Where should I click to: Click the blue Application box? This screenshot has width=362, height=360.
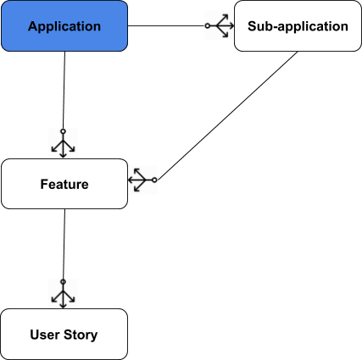click(64, 26)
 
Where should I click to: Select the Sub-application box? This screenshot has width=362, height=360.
click(298, 26)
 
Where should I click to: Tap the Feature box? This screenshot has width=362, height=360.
click(64, 184)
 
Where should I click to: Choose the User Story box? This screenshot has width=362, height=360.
click(64, 334)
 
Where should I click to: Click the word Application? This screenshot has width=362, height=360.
click(64, 26)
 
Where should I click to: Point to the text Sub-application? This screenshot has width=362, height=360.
click(298, 26)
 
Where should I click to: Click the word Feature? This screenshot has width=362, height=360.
click(64, 184)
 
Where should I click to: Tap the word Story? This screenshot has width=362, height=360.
click(81, 335)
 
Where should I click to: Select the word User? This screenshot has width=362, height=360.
click(45, 335)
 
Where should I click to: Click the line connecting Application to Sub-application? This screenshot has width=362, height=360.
click(166, 25)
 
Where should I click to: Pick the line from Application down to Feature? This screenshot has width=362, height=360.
click(64, 91)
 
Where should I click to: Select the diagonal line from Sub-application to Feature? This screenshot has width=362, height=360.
click(227, 115)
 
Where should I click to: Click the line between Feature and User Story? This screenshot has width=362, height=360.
click(64, 244)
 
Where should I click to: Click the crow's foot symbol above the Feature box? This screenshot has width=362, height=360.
click(63, 146)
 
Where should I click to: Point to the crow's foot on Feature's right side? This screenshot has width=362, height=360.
click(140, 180)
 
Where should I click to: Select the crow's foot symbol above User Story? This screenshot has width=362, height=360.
click(63, 296)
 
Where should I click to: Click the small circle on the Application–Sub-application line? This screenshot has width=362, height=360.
click(208, 25)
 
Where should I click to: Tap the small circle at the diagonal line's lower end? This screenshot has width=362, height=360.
click(154, 180)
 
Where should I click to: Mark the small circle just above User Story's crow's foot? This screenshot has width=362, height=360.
click(63, 282)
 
